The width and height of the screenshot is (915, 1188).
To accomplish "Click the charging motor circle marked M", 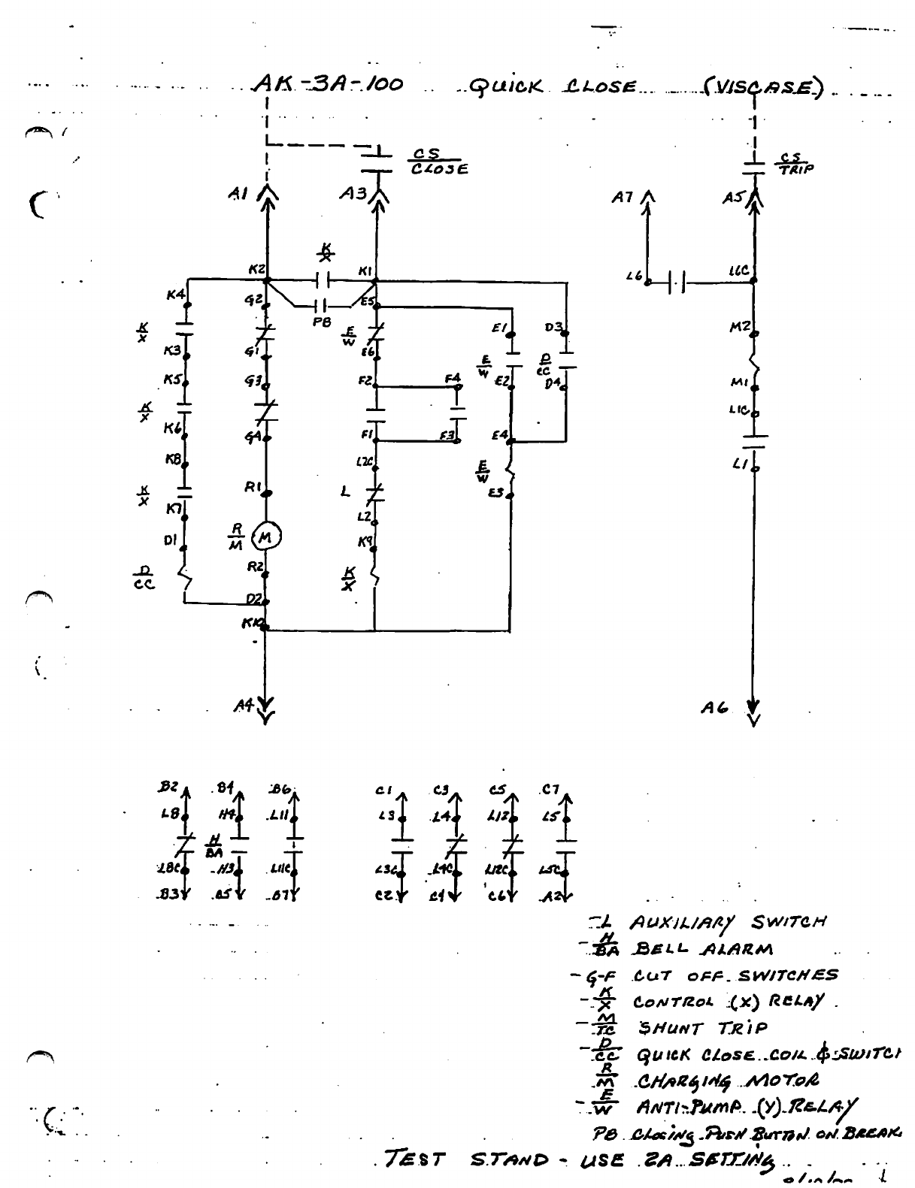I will (266, 537).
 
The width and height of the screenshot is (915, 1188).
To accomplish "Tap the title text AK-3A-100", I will (328, 84).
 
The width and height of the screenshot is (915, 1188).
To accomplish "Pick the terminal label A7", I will (623, 198).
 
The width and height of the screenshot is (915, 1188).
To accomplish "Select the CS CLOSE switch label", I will (438, 162).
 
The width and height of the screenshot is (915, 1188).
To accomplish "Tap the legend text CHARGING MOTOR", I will (727, 1081).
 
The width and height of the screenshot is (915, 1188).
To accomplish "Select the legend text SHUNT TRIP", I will (702, 1028).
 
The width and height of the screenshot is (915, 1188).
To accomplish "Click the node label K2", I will (256, 269).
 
